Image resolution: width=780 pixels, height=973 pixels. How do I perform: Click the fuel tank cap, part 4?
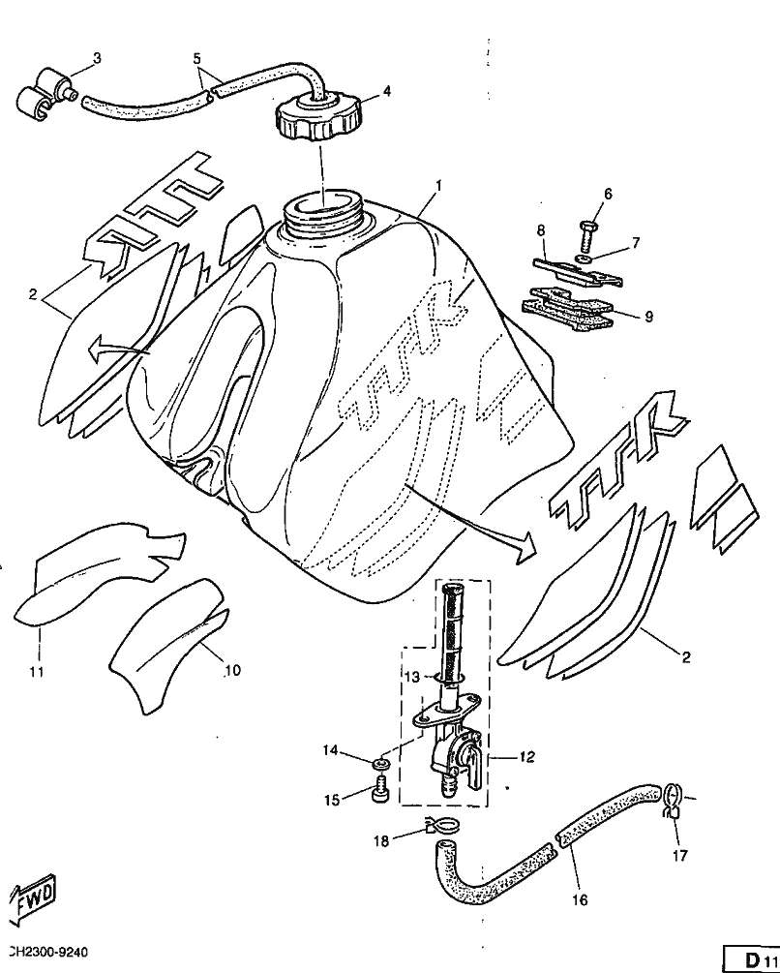pos(315,115)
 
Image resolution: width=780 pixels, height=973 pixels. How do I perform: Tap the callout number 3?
pos(97,58)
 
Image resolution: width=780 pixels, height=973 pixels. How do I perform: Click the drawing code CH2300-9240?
pos(47,952)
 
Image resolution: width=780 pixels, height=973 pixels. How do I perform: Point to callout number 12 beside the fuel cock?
pos(525,757)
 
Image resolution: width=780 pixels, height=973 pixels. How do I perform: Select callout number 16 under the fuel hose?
pos(579,899)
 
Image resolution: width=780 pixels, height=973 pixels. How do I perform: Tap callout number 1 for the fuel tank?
pos(438,185)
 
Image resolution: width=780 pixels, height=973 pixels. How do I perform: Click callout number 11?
pos(36,672)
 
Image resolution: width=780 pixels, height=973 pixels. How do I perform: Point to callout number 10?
pos(232,670)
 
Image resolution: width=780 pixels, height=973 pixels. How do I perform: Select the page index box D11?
pos(752,959)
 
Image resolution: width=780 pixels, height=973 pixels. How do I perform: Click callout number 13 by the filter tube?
pos(411,676)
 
